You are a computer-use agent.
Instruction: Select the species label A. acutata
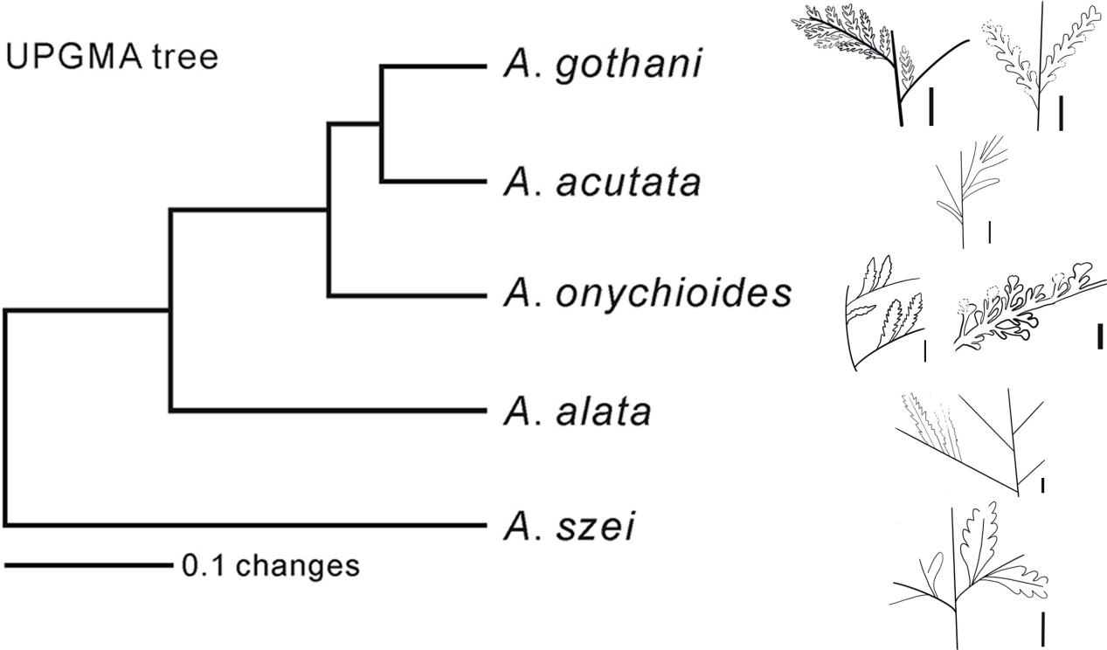pos(602,183)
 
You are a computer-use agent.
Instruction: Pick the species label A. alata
pos(577,411)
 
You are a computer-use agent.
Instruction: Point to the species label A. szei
pos(568,526)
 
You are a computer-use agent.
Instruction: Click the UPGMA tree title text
pos(112,57)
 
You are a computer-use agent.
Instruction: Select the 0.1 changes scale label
pos(270,565)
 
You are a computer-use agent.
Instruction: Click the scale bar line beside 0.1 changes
pos(89,565)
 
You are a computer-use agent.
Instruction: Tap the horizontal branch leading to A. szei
pos(246,525)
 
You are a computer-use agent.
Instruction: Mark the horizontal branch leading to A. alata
pos(329,411)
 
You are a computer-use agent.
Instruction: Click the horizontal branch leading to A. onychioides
pos(407,296)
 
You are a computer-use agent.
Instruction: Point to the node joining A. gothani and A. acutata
pos(382,123)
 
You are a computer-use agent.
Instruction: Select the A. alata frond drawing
pos(970,442)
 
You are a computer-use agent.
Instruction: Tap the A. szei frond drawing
pos(969,576)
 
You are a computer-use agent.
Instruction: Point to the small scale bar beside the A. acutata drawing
pos(989,232)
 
